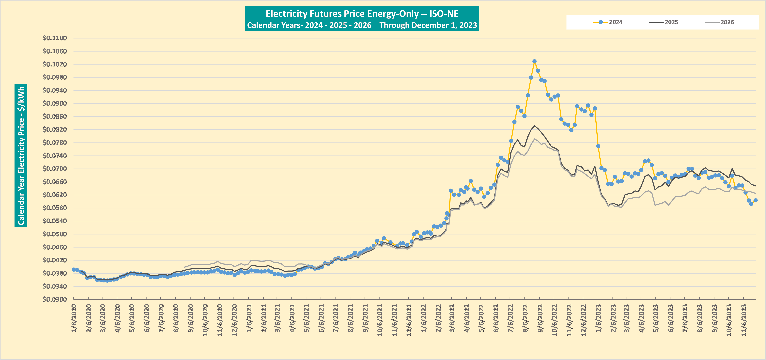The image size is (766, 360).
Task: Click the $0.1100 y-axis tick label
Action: click(55, 38)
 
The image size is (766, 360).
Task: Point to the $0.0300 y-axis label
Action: click(55, 299)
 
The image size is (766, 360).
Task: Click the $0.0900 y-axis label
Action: click(55, 103)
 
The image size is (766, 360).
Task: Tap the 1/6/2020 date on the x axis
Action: click(74, 318)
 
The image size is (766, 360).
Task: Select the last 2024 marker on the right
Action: click(755, 200)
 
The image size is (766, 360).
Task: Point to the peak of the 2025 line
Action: click(534, 126)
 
